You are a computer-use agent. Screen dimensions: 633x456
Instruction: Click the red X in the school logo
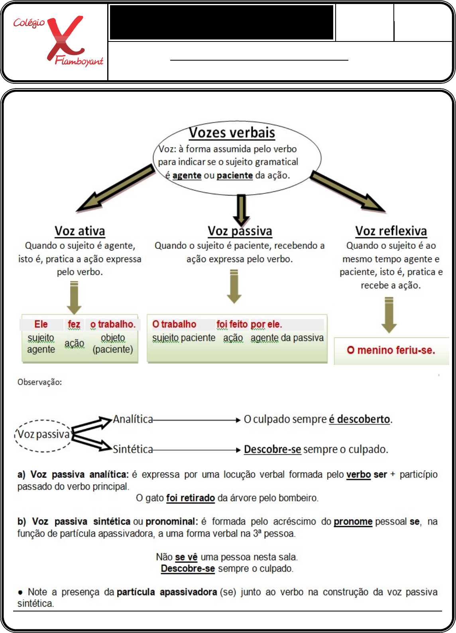click(x=65, y=38)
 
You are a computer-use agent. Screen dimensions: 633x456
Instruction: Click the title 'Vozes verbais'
click(x=232, y=132)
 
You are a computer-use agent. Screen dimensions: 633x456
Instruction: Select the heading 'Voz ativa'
click(x=80, y=231)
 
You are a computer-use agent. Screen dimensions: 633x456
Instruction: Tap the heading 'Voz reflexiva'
click(x=391, y=231)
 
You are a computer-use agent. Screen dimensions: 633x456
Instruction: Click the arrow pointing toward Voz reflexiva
click(x=347, y=191)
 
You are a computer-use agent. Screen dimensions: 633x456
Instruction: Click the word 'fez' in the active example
click(x=74, y=324)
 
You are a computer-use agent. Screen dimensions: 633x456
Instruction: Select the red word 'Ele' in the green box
click(x=41, y=324)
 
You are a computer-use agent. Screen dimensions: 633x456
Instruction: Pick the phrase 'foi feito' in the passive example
click(x=232, y=324)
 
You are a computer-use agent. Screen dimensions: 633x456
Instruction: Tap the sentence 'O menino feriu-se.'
click(x=391, y=350)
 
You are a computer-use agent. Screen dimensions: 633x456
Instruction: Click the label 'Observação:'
click(x=39, y=382)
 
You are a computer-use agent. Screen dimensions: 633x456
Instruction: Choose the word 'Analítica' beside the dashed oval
click(x=133, y=419)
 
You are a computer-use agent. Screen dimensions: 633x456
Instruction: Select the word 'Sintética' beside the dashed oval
click(x=133, y=450)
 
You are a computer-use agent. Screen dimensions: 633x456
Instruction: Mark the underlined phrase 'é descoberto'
click(x=360, y=419)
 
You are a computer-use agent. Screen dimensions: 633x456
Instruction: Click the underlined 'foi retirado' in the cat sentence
click(x=191, y=498)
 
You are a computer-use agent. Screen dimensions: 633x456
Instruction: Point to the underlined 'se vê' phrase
click(x=186, y=557)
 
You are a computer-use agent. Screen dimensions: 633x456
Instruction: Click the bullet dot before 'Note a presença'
click(x=20, y=592)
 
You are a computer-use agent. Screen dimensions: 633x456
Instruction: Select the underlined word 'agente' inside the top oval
click(x=187, y=176)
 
